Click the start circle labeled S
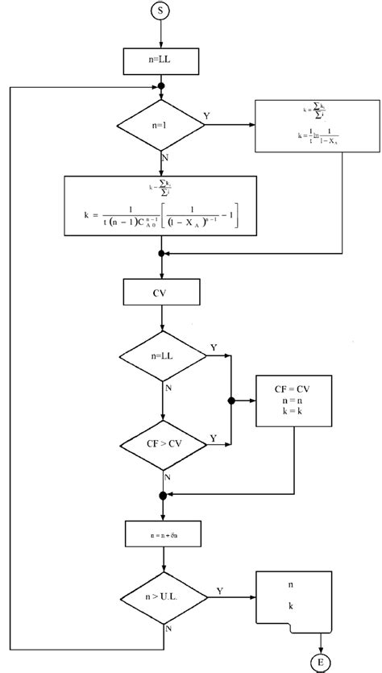(162, 12)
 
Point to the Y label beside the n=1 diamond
(206, 117)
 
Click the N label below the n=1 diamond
(166, 158)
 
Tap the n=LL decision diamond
(163, 355)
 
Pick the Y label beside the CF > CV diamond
(213, 437)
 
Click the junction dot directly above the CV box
(163, 253)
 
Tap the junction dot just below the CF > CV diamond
(163, 495)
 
